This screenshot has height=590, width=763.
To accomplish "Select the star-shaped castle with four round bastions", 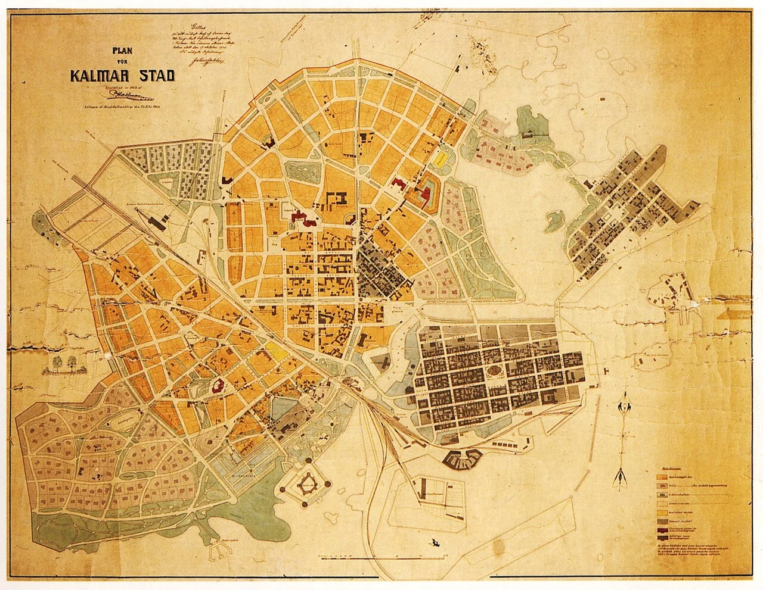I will coord(308,483).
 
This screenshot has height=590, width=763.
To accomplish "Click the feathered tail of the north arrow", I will coord(622,477).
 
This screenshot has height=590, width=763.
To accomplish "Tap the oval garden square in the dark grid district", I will coord(494,370).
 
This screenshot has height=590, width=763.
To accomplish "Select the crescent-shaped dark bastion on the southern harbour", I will coord(464,458).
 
